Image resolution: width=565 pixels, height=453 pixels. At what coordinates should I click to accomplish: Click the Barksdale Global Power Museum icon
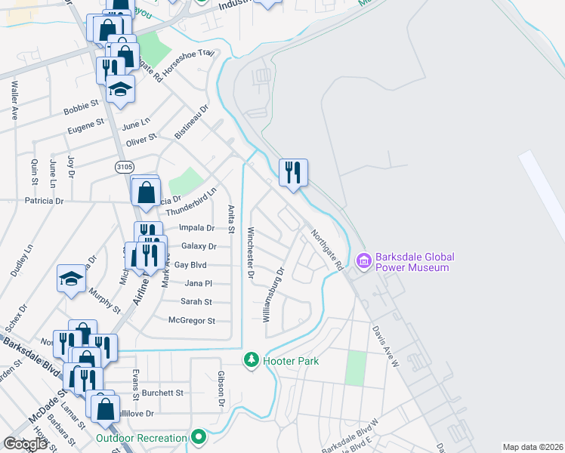click(x=364, y=261)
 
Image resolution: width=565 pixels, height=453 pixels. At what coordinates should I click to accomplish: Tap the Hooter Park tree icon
click(x=252, y=360)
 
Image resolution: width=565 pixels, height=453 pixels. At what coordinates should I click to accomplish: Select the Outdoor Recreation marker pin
click(x=199, y=437)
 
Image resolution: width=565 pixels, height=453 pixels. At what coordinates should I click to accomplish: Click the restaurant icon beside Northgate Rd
click(x=292, y=172)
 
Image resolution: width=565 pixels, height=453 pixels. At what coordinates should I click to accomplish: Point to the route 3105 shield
click(x=125, y=165)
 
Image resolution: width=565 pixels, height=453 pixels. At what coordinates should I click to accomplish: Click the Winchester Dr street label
click(x=250, y=252)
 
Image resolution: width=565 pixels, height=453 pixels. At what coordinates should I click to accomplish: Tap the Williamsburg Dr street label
click(x=273, y=294)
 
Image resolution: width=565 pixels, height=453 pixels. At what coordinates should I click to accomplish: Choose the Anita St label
click(x=232, y=219)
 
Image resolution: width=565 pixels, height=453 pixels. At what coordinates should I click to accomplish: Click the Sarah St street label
click(x=195, y=301)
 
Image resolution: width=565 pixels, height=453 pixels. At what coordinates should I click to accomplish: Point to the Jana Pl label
click(x=198, y=283)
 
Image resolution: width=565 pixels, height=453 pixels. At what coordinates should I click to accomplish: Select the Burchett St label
click(x=162, y=393)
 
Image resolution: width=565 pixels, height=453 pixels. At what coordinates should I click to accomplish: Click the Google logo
click(x=25, y=444)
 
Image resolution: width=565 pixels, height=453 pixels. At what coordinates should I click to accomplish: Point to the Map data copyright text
click(x=533, y=447)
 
